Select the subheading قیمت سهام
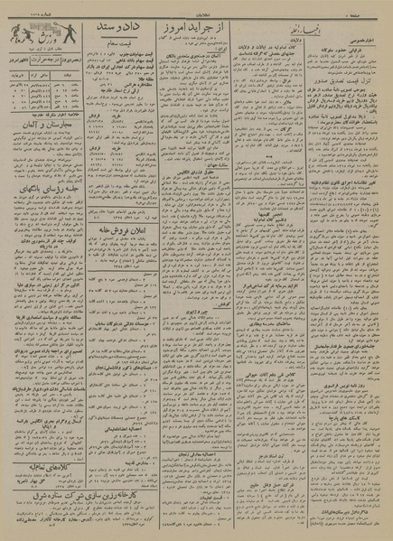(131, 54)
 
